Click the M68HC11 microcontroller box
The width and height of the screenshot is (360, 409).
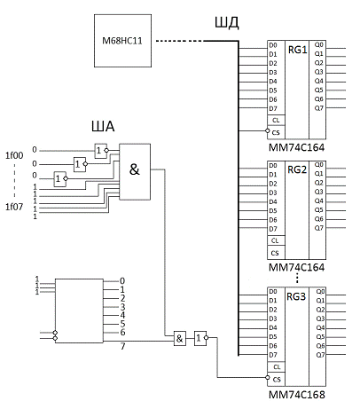coord(122,41)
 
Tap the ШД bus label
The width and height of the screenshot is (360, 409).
coord(227,23)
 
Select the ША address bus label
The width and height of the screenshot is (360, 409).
coord(103,127)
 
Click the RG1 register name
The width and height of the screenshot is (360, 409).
coord(297,50)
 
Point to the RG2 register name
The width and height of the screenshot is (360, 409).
coord(297,169)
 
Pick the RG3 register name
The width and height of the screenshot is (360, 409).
coord(296,296)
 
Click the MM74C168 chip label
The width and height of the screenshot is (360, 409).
coord(297,395)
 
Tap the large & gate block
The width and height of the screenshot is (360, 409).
coord(135,172)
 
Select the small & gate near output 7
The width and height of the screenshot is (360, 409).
coord(180,338)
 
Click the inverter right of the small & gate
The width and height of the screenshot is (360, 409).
coord(200,338)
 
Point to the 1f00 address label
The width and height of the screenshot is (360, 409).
coord(14,155)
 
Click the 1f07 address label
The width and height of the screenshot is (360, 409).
coord(14,207)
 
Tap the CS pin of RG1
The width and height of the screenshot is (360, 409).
coord(276,132)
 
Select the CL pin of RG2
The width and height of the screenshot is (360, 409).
coord(275,240)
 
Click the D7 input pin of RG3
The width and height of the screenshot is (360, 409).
coord(273,355)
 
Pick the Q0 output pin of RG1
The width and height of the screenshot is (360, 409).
coord(319,45)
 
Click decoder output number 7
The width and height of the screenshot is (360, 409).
coord(122,346)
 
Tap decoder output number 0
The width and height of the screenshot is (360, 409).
coord(122,281)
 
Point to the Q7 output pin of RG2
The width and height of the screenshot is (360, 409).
coord(319,228)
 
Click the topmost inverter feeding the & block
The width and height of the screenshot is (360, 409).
coord(101,151)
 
